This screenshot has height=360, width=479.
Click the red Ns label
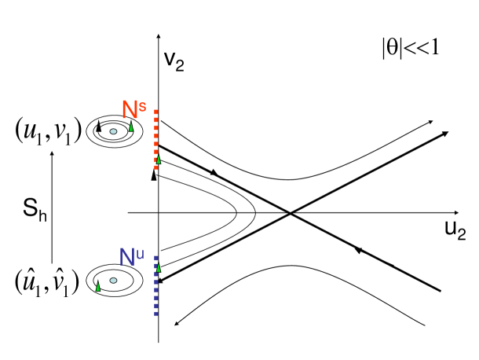pyautogui.click(x=133, y=108)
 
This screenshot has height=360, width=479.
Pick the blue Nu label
pyautogui.click(x=133, y=256)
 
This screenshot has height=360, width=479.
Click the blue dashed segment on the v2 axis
pyautogui.click(x=158, y=287)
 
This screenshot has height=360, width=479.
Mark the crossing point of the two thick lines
pyautogui.click(x=291, y=212)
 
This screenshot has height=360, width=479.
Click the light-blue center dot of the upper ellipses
pyautogui.click(x=114, y=131)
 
